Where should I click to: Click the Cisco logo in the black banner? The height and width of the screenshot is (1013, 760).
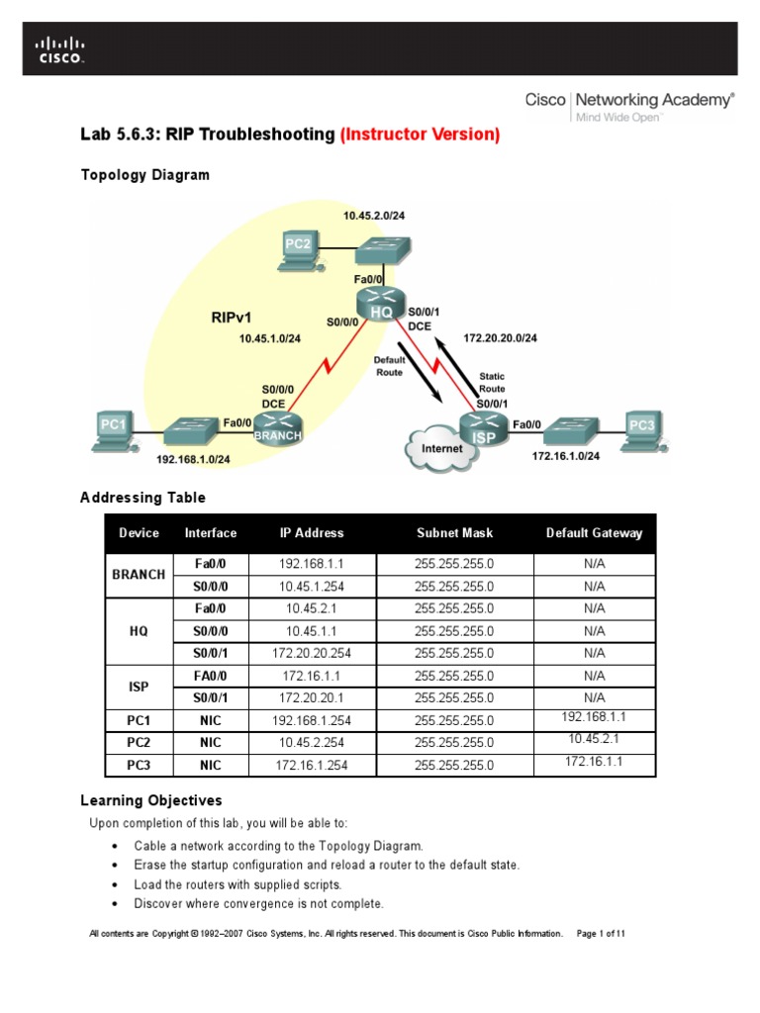pos(60,49)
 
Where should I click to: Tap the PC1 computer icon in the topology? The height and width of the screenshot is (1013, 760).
pos(113,428)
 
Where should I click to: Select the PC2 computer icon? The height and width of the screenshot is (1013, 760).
pos(297,247)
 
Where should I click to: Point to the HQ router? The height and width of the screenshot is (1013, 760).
pos(381,305)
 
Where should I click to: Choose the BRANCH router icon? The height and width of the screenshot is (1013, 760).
pos(277,427)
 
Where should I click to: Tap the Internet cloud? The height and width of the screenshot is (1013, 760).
pos(436,448)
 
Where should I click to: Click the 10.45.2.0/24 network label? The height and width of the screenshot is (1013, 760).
pos(377,215)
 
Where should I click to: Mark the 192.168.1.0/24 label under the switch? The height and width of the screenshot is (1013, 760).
pos(193,459)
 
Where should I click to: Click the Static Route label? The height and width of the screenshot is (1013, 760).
pos(492,383)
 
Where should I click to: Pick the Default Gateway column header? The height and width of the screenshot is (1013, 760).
pos(594,533)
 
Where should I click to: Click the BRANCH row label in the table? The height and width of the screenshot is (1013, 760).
pos(139,575)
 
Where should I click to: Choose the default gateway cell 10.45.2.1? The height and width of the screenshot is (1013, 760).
pos(594,739)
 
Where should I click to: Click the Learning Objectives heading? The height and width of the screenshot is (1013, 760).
pos(150,800)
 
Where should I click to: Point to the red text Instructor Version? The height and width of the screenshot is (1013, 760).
pos(420,134)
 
